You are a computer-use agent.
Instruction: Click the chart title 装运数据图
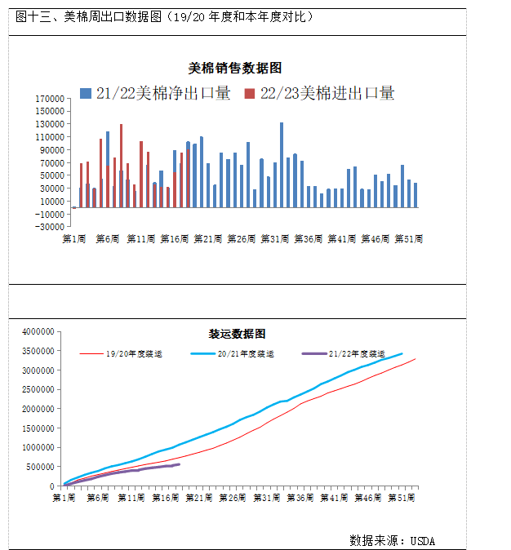238,334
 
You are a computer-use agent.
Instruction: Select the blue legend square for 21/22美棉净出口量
86,94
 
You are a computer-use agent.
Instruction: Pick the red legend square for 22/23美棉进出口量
250,94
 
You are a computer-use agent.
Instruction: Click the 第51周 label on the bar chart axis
407,239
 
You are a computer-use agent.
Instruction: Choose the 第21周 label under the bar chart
208,239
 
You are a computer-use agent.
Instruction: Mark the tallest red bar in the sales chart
121,163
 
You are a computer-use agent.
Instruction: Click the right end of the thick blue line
402,353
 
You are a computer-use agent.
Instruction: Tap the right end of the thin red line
415,359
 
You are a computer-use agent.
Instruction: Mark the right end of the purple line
179,464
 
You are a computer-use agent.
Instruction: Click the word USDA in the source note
423,540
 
